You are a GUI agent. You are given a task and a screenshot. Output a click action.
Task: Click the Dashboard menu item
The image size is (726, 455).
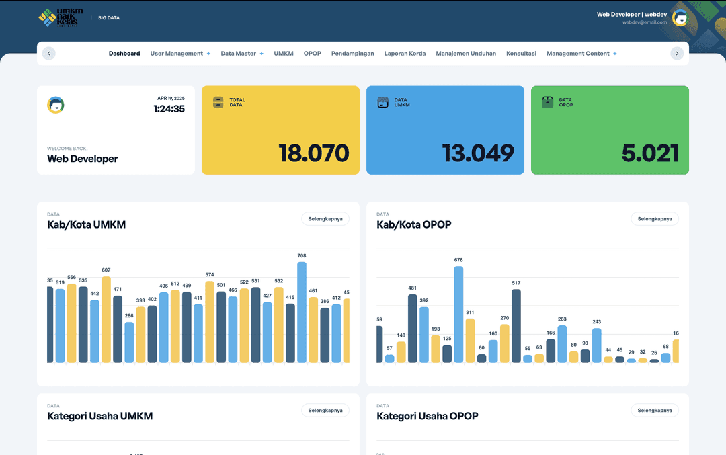(x=124, y=54)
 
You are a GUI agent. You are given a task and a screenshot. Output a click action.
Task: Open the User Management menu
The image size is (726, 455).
(x=177, y=54)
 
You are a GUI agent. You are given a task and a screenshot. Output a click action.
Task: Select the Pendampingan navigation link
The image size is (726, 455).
(x=352, y=54)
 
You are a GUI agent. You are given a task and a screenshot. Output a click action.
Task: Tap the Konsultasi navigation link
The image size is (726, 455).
(x=521, y=54)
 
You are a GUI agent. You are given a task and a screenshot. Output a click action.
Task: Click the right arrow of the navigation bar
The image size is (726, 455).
(x=677, y=54)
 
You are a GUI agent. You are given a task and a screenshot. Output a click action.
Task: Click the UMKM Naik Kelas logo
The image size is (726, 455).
(x=61, y=18)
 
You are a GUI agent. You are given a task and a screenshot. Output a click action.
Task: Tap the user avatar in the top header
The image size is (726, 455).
(x=680, y=18)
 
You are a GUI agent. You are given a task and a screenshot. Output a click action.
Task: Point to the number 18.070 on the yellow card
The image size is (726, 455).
(x=314, y=153)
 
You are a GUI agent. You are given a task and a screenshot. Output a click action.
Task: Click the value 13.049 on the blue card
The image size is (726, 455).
(x=478, y=153)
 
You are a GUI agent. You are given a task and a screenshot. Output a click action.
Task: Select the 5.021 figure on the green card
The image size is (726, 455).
(x=649, y=153)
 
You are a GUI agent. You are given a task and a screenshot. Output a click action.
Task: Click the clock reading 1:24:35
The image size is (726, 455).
(x=169, y=109)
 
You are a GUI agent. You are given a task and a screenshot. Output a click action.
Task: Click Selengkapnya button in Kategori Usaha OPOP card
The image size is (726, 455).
(x=654, y=410)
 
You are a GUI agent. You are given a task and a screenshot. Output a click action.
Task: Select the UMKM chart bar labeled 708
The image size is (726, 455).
(x=302, y=313)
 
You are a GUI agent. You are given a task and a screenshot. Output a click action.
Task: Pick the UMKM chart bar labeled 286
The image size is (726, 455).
(x=129, y=343)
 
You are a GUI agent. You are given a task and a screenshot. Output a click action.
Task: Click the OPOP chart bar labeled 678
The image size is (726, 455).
(x=458, y=315)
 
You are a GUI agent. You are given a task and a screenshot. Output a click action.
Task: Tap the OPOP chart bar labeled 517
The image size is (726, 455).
(x=516, y=326)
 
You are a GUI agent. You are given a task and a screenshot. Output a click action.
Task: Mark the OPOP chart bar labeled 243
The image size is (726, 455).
(x=596, y=345)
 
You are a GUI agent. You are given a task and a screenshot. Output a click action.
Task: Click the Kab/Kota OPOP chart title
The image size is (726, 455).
(x=413, y=224)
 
